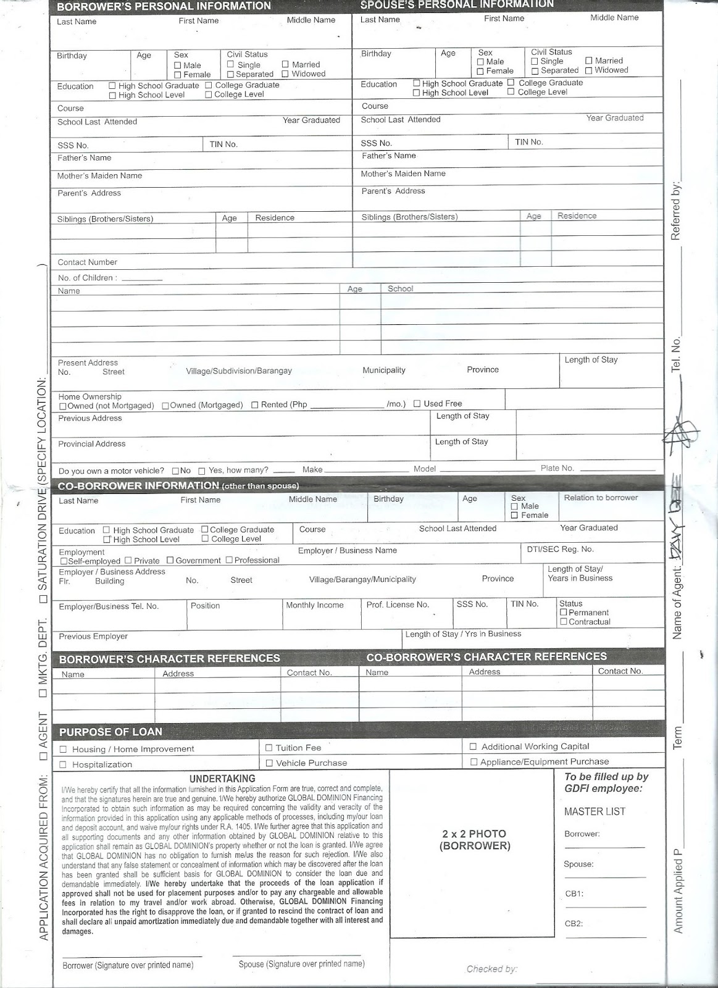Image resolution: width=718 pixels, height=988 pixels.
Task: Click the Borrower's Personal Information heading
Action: point(164,6)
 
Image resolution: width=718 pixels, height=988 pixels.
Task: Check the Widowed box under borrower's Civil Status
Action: point(285,74)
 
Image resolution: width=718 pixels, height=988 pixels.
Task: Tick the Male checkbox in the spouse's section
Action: point(480,62)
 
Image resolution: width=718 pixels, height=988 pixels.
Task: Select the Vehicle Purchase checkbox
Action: point(269,763)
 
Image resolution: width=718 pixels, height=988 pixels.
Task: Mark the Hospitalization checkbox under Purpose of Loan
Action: point(63,765)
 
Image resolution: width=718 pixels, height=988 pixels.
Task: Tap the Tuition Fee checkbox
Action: point(269,748)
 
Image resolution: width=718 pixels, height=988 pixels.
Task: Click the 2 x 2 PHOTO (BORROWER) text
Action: point(474,840)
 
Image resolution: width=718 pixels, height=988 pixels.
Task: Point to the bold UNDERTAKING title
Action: point(222,779)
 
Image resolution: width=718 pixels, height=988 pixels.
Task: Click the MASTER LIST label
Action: point(595,811)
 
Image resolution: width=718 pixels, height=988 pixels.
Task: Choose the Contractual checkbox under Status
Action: point(563,622)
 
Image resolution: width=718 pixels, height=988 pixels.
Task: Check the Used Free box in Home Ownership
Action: point(417,404)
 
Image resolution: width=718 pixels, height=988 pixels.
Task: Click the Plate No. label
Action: point(557,468)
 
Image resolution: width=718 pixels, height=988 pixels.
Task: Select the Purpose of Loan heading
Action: point(111,732)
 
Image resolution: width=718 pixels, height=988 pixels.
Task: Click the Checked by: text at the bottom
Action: point(491,969)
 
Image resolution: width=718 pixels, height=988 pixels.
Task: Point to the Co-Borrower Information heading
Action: point(138,486)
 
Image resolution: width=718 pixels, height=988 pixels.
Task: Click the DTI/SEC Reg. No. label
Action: point(560,549)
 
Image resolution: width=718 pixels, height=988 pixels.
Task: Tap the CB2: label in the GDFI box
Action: point(574,924)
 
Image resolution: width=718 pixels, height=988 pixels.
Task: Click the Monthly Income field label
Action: point(314,605)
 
